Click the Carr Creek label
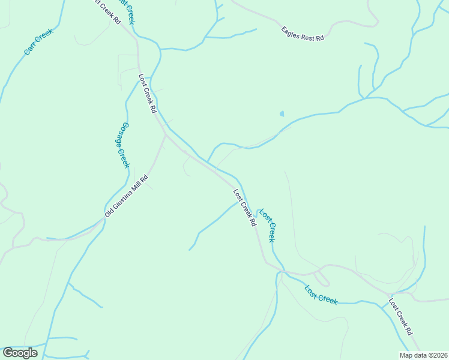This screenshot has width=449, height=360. click(38, 42)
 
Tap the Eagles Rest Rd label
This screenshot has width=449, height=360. click(303, 33)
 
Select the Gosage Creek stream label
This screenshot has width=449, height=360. click(122, 145)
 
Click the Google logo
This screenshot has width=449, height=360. click(20, 353)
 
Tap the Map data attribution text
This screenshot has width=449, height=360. click(424, 355)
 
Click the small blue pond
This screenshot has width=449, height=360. click(282, 113)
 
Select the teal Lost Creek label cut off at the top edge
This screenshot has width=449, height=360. click(127, 11)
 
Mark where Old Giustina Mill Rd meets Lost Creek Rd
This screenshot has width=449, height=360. click(165, 135)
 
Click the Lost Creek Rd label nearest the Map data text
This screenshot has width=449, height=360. click(400, 317)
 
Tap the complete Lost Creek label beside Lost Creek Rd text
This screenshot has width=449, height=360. click(267, 225)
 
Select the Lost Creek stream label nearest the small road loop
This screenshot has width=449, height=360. click(321, 294)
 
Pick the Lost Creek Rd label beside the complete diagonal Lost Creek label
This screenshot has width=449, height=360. click(245, 208)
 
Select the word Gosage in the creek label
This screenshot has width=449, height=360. click(120, 136)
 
